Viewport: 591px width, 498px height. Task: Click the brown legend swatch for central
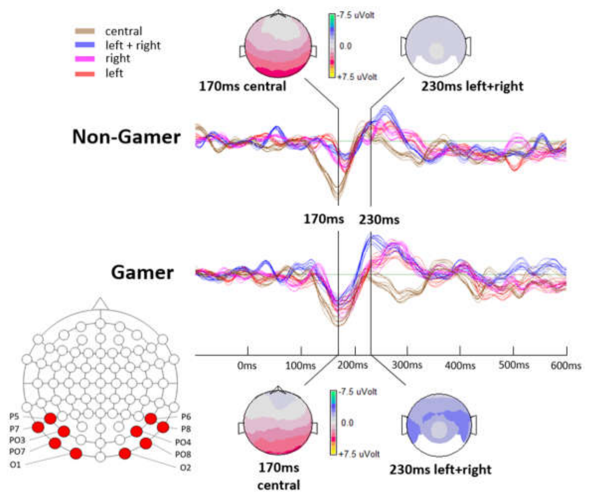pyautogui.click(x=85, y=31)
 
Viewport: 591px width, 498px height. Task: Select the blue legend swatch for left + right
pyautogui.click(x=85, y=45)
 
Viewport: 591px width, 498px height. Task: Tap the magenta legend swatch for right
pyautogui.click(x=85, y=59)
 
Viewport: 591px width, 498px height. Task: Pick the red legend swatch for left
pyautogui.click(x=85, y=73)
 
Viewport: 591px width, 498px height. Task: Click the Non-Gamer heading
pyautogui.click(x=126, y=137)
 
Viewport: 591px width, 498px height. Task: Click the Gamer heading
pyautogui.click(x=142, y=272)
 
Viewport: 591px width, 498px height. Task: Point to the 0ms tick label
pyautogui.click(x=247, y=365)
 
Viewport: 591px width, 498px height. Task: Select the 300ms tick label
pyautogui.click(x=407, y=365)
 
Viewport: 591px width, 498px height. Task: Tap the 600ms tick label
pyautogui.click(x=566, y=365)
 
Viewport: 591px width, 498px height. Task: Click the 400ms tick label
pyautogui.click(x=460, y=365)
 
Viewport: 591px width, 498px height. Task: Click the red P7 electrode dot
pyautogui.click(x=38, y=427)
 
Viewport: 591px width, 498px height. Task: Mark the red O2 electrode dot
pyautogui.click(x=125, y=453)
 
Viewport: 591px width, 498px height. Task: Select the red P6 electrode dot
pyautogui.click(x=151, y=418)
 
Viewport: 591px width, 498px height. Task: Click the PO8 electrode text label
pyautogui.click(x=183, y=455)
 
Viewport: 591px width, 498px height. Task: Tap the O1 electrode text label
pyautogui.click(x=15, y=465)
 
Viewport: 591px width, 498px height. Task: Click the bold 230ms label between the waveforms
pyautogui.click(x=379, y=219)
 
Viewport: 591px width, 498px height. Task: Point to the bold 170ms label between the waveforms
pyautogui.click(x=324, y=218)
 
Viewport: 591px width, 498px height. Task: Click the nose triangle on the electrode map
pyautogui.click(x=100, y=304)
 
